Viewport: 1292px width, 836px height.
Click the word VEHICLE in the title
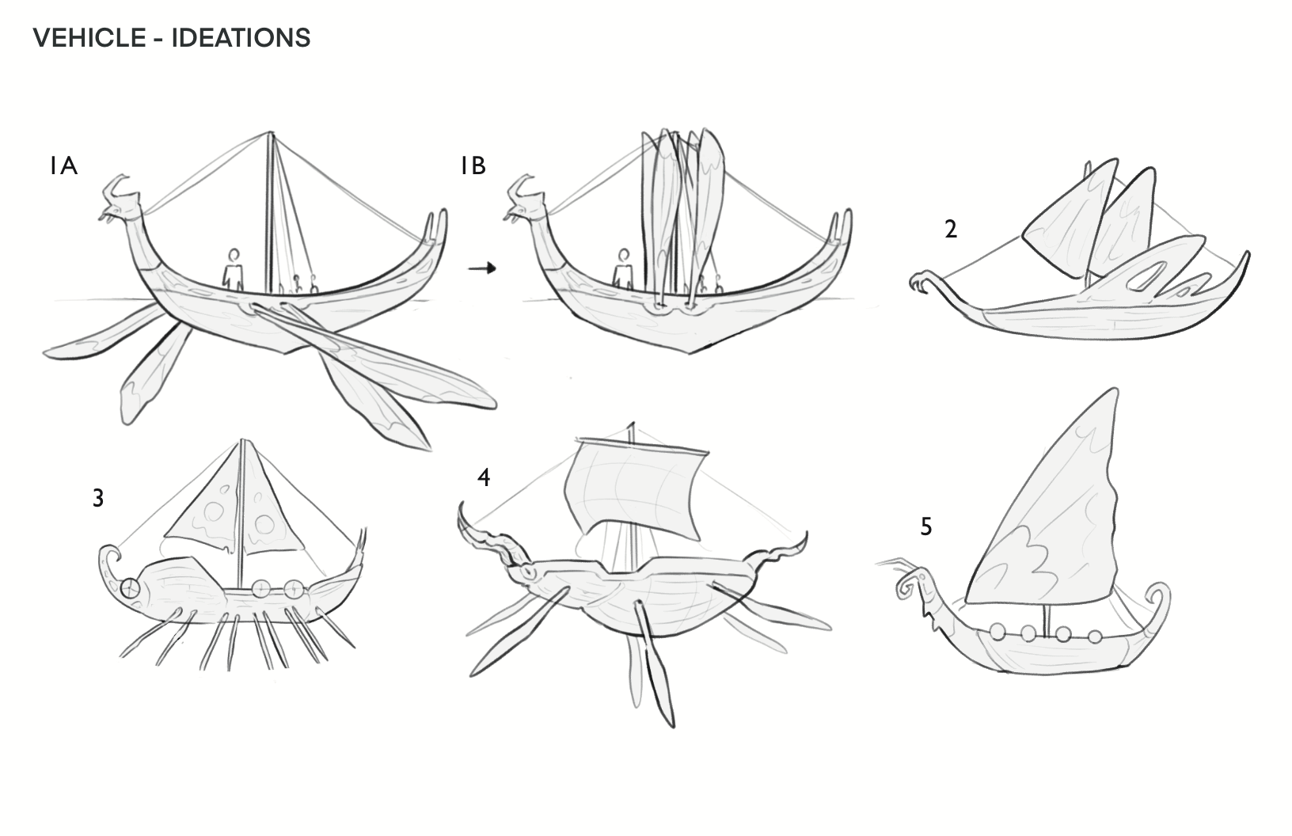(88, 37)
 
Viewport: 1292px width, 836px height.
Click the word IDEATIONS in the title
(241, 37)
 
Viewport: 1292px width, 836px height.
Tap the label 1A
(63, 166)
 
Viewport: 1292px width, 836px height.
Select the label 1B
(473, 166)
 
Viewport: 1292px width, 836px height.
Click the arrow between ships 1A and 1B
(481, 268)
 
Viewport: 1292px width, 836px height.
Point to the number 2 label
(951, 230)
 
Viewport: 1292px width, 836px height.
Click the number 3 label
(98, 499)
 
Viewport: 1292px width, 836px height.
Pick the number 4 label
(484, 478)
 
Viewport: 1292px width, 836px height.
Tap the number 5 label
(926, 526)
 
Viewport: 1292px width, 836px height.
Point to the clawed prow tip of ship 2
(919, 281)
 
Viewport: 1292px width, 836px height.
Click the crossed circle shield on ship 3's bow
(131, 588)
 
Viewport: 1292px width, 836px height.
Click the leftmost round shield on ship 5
(998, 632)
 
